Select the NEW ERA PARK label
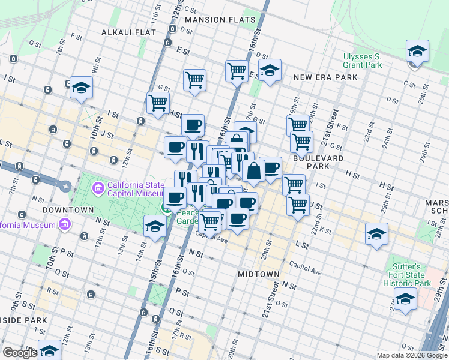point(325,77)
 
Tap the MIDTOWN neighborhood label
point(258,274)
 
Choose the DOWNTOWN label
point(72,210)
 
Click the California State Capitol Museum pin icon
point(97,189)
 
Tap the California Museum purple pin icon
point(65,225)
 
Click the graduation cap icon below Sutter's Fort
point(406,299)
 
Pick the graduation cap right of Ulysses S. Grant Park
point(417,51)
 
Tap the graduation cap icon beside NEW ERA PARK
point(270,70)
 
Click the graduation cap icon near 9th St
point(81,88)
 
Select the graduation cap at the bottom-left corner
point(49,350)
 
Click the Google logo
point(19,353)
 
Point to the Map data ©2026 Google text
point(412,355)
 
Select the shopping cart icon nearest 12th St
point(158,103)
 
